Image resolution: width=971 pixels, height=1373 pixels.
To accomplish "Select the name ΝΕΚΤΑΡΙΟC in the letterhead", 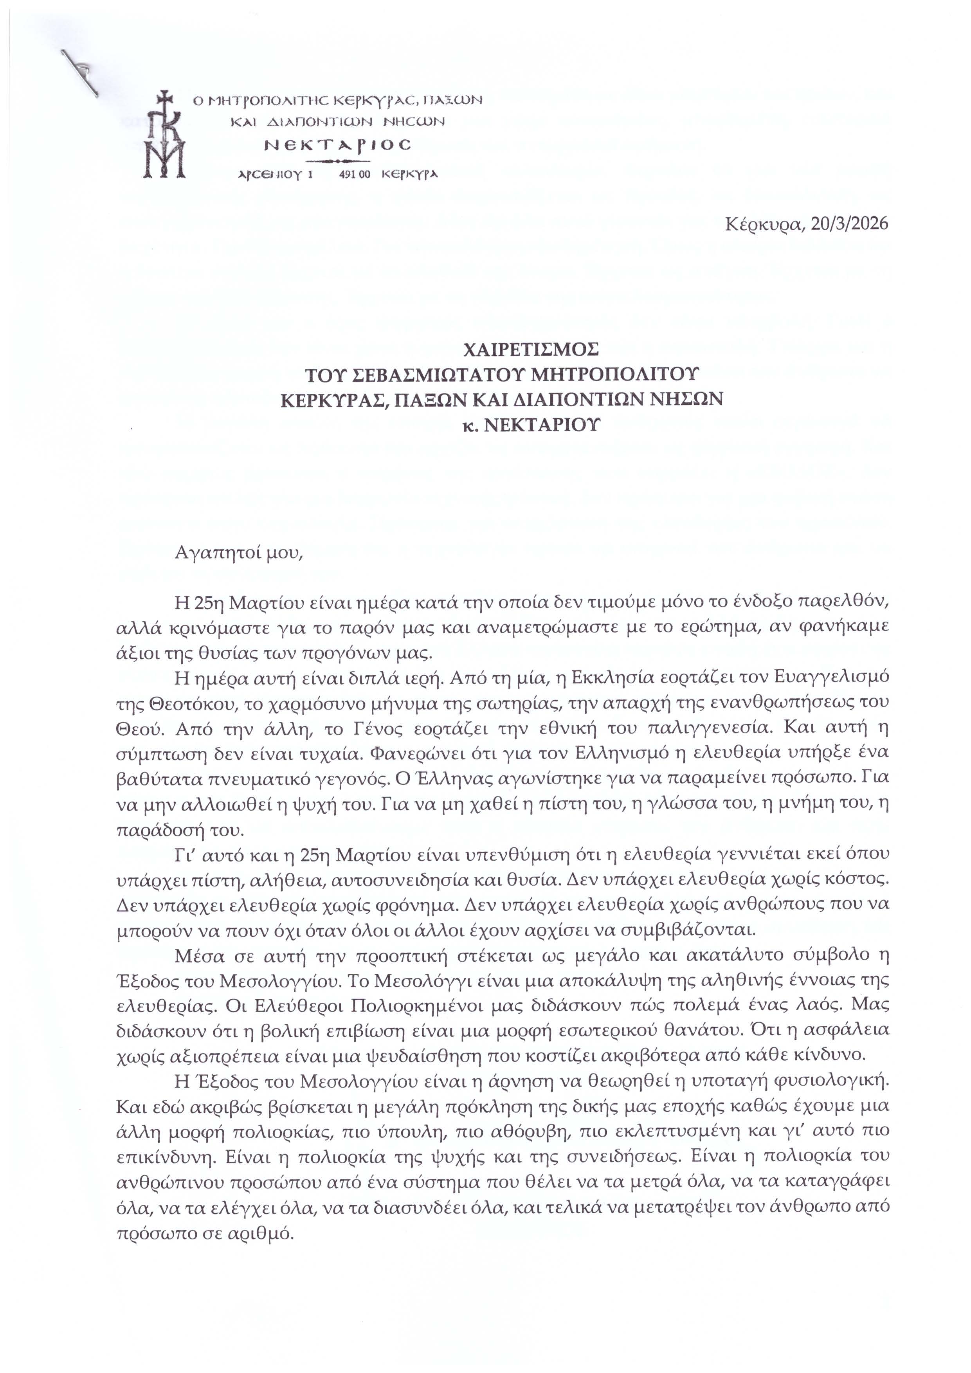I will (339, 145).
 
